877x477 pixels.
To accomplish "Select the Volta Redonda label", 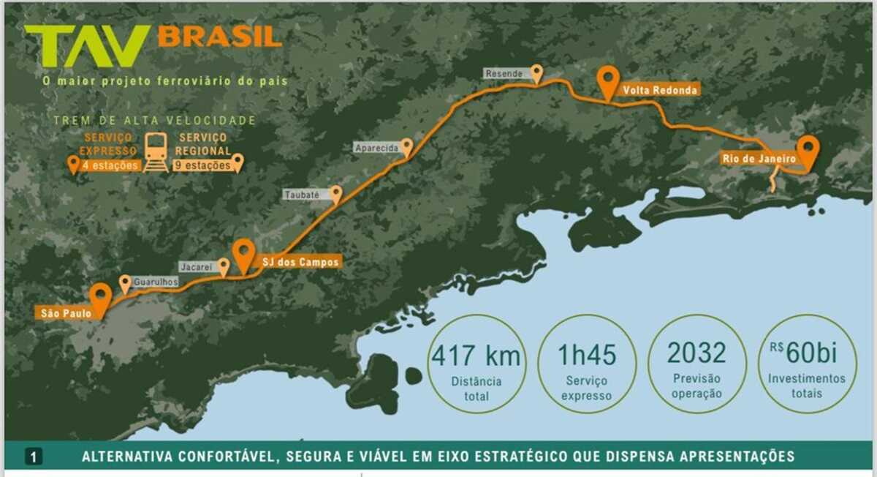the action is point(659,90).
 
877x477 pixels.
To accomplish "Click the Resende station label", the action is point(504,74).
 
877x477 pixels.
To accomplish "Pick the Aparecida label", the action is point(376,148).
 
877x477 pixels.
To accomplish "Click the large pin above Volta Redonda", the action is point(607,80).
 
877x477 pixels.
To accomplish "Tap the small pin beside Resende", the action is point(537,72).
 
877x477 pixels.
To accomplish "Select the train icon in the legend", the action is point(156,151).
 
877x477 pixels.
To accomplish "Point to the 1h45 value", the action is point(587,355).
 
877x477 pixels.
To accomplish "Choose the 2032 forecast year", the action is point(696,353).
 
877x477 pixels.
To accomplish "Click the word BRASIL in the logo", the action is point(219,37).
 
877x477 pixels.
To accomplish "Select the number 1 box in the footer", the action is point(34,457).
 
